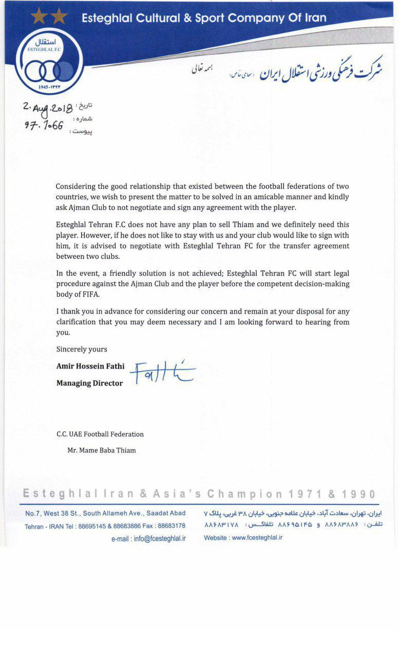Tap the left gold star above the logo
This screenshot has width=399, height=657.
coord(39,16)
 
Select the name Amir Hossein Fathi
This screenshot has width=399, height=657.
coord(90,366)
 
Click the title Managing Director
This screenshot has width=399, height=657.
coord(89,383)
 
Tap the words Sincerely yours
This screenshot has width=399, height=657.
coord(82,349)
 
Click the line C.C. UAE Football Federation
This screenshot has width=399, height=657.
coord(100,434)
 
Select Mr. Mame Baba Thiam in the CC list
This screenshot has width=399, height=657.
coord(102,450)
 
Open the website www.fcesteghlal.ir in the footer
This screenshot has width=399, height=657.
coord(257,538)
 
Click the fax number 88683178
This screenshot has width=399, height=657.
coord(172,526)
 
